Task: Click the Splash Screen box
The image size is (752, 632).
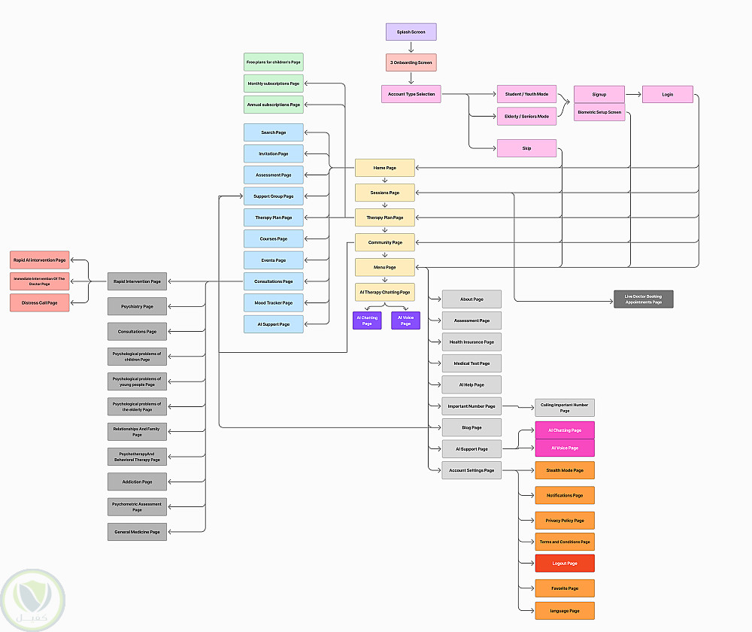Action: pyautogui.click(x=411, y=32)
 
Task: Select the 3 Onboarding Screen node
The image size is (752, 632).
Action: pyautogui.click(x=411, y=62)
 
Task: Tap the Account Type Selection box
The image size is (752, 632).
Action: pyautogui.click(x=411, y=94)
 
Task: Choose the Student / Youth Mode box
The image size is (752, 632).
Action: pyautogui.click(x=526, y=94)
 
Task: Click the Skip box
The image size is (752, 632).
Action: pyautogui.click(x=526, y=148)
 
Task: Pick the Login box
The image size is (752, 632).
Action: pyautogui.click(x=667, y=94)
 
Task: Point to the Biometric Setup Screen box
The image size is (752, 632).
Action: pyautogui.click(x=599, y=112)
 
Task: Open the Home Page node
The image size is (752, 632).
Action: pyautogui.click(x=384, y=168)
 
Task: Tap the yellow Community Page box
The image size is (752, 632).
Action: pyautogui.click(x=384, y=242)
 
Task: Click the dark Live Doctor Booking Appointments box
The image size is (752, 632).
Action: pyautogui.click(x=643, y=299)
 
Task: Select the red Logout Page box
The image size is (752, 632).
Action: pyautogui.click(x=564, y=563)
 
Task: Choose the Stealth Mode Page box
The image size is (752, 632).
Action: pyautogui.click(x=564, y=470)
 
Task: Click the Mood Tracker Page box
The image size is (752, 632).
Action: pyautogui.click(x=273, y=302)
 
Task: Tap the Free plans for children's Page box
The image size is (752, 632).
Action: pyautogui.click(x=273, y=62)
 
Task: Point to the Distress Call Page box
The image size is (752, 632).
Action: pyautogui.click(x=39, y=302)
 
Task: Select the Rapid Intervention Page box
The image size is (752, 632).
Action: pyautogui.click(x=137, y=281)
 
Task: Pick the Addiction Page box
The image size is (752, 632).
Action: pyautogui.click(x=137, y=482)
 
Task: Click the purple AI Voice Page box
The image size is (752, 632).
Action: pyautogui.click(x=405, y=321)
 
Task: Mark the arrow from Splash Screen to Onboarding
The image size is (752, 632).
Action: pyautogui.click(x=411, y=47)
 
